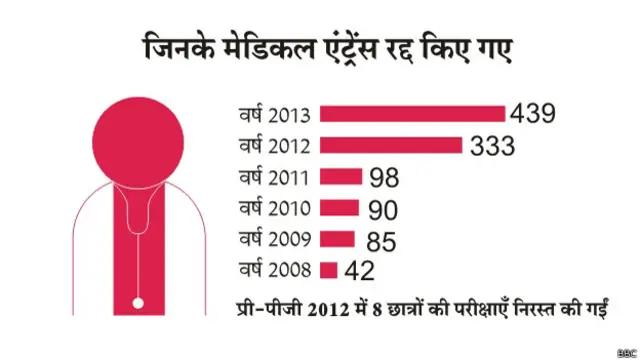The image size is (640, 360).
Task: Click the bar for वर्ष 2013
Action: (x=414, y=113)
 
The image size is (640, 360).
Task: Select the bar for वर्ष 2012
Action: (x=392, y=145)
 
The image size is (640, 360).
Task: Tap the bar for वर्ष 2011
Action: (x=342, y=177)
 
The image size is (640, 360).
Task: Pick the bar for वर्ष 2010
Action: (x=340, y=208)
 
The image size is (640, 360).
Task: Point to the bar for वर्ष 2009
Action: (x=338, y=238)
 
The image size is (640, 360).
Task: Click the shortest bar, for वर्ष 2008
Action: (x=329, y=269)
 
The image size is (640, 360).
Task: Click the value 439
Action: (x=533, y=113)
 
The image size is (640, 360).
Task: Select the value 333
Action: (x=490, y=145)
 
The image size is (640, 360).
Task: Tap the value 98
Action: (x=384, y=178)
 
